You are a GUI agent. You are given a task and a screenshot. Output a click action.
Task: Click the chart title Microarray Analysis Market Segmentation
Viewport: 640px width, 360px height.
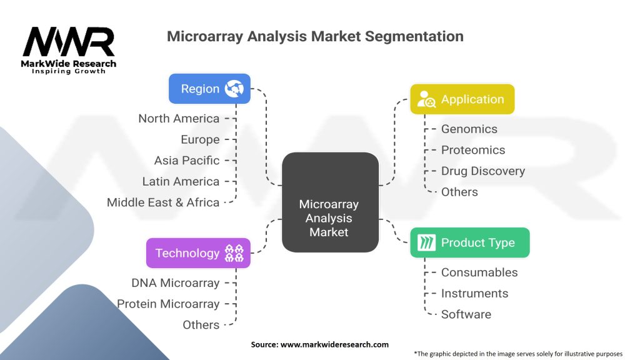click(315, 36)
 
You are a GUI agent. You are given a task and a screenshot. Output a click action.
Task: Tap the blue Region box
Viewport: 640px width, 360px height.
click(209, 89)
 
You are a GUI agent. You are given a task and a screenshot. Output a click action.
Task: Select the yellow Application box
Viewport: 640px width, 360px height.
click(462, 99)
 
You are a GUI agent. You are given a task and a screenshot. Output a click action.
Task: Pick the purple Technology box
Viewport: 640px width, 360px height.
click(198, 253)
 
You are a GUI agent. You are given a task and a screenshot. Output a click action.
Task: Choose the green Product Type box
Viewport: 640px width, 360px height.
click(469, 242)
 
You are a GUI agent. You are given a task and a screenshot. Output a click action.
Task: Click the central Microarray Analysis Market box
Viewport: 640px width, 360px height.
click(329, 202)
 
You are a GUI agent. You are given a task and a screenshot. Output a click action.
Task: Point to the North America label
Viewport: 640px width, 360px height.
click(179, 119)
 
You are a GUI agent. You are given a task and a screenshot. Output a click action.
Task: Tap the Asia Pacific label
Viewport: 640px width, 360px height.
click(187, 161)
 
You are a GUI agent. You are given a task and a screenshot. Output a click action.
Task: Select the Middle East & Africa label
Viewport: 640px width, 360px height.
click(163, 202)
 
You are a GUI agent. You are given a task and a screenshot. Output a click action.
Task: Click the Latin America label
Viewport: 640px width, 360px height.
click(181, 182)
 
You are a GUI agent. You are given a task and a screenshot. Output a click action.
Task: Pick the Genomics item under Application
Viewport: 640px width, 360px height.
click(469, 129)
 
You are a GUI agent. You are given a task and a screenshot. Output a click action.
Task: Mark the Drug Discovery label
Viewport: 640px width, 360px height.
click(482, 171)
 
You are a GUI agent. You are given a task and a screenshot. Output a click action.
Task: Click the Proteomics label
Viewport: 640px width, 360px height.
click(472, 150)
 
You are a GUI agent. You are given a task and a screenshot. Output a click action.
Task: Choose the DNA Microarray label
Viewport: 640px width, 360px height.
click(175, 283)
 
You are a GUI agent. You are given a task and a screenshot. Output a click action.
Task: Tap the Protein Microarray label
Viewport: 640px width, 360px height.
click(168, 304)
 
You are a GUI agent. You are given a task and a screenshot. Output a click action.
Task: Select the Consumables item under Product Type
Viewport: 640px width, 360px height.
click(479, 272)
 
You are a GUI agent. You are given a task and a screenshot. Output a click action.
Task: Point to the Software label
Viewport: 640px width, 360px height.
click(466, 314)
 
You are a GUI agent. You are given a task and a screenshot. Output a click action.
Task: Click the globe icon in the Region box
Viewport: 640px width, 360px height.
click(235, 89)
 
